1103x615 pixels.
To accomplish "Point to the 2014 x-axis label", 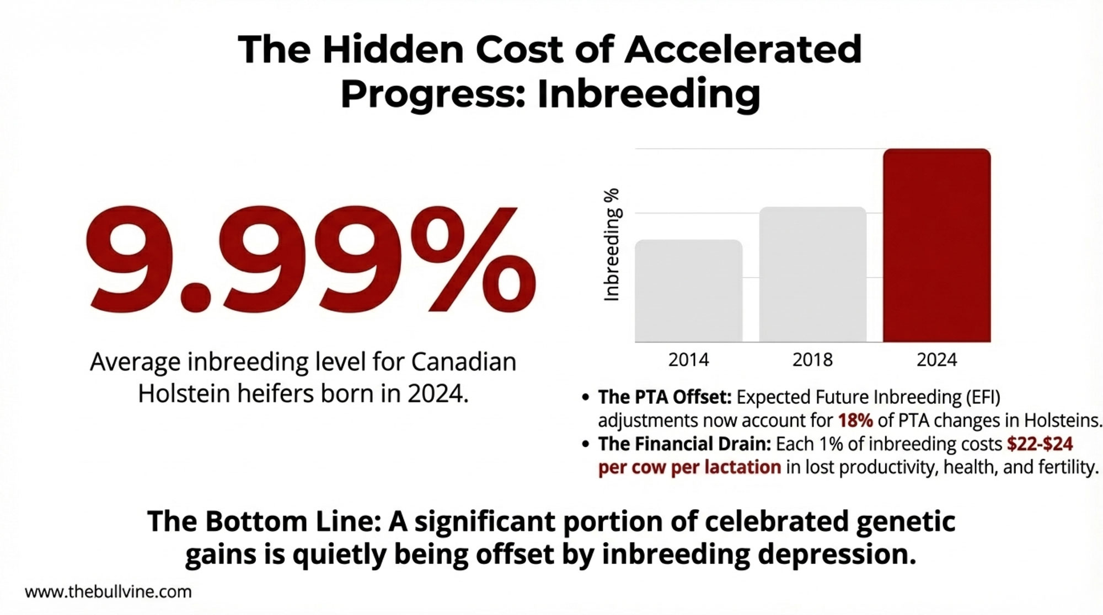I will (x=688, y=360).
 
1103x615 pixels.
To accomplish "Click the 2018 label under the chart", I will (x=812, y=360).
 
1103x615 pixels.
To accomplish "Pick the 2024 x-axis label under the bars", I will (x=936, y=360).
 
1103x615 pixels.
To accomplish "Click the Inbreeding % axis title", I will (x=612, y=245).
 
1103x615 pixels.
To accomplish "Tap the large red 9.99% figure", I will (x=310, y=259).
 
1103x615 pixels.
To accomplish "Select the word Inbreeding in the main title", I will (x=649, y=94).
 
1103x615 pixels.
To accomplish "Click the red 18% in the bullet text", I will (x=855, y=420).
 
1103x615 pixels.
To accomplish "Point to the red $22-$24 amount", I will (x=1040, y=444).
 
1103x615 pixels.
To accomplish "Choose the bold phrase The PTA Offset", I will (x=665, y=397).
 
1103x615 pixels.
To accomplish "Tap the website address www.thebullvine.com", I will (x=108, y=592).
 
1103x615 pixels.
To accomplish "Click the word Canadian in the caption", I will (x=464, y=362).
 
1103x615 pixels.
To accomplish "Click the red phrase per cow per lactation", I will (x=689, y=467).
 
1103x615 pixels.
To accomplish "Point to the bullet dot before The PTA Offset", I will (x=586, y=397).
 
